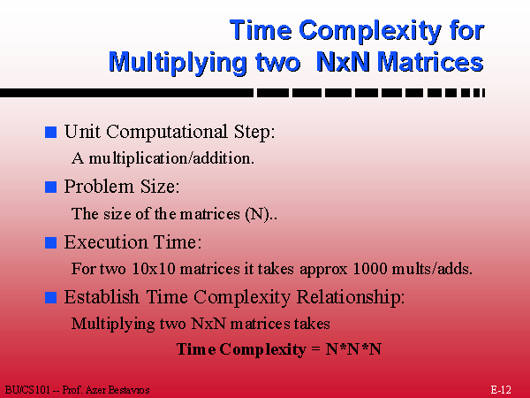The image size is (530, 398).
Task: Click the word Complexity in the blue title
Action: click(370, 31)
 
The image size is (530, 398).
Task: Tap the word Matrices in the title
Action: click(431, 62)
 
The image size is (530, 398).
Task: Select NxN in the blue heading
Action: click(343, 62)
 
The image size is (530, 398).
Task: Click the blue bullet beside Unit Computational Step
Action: click(50, 132)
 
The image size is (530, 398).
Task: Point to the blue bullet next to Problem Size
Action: click(50, 188)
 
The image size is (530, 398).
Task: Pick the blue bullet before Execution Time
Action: click(50, 242)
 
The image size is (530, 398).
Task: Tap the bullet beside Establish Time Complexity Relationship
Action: click(50, 297)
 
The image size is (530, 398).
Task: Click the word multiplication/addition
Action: click(171, 158)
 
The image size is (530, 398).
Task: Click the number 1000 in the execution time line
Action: click(369, 269)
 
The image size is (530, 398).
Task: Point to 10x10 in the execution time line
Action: click(154, 269)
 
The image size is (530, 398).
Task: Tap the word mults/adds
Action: click(432, 269)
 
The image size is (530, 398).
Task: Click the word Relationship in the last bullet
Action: click(351, 297)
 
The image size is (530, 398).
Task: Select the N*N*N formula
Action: click(353, 349)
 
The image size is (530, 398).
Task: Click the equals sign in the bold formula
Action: click(315, 349)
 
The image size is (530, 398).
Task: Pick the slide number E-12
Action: click(501, 390)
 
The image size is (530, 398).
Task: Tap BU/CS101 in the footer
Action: click(27, 390)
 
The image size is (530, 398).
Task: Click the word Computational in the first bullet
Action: click(167, 132)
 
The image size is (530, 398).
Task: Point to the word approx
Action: click(323, 270)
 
